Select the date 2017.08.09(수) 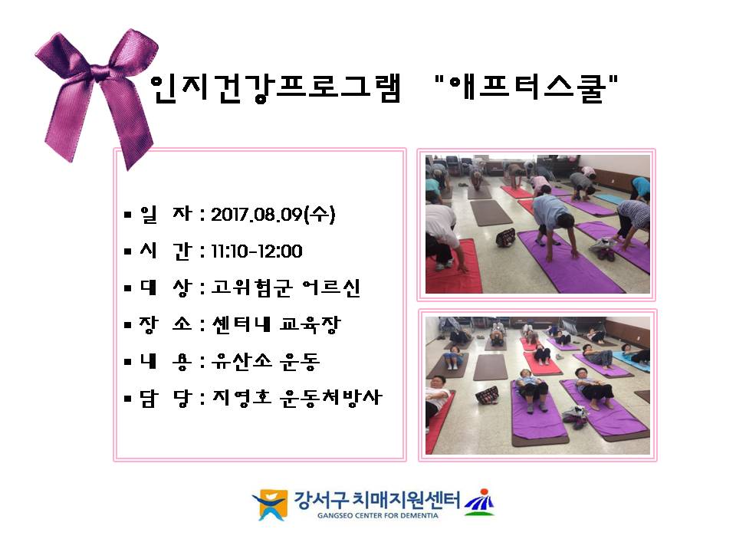click(273, 215)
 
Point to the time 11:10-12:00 click(256, 251)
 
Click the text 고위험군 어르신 click(285, 287)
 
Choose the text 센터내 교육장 click(276, 324)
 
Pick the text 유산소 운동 click(265, 361)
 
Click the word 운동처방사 click(331, 398)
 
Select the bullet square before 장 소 click(128, 325)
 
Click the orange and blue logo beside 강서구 click(270, 504)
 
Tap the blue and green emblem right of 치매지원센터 click(479, 503)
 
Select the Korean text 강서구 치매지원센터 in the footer click(377, 500)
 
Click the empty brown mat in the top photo click(491, 212)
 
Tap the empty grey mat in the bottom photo click(490, 367)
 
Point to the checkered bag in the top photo click(505, 238)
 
